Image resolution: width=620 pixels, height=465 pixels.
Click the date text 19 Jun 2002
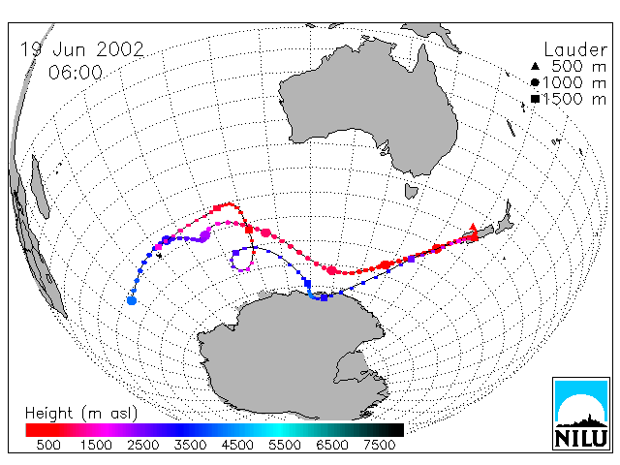tap(81, 49)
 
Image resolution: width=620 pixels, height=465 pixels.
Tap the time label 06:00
tap(76, 73)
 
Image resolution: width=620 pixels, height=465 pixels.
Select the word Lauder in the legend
tap(575, 50)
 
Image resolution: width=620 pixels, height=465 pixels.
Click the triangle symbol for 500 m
tap(535, 66)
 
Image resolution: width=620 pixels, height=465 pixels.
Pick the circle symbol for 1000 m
tap(535, 82)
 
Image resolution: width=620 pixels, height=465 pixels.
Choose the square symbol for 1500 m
tap(535, 99)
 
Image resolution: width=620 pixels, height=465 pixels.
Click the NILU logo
tap(581, 414)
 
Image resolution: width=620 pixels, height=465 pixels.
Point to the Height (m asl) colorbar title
tap(81, 414)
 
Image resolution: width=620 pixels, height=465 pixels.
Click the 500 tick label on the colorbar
tap(48, 445)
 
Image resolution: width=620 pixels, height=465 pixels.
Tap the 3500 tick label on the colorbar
tap(190, 445)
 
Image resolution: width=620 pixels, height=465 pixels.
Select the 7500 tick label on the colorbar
tap(379, 445)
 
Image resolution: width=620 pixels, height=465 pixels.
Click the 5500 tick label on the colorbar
tap(285, 445)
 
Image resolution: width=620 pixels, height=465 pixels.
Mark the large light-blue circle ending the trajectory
tap(132, 300)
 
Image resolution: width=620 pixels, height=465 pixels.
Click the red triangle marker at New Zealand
tap(473, 227)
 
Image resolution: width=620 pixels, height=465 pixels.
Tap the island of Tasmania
tap(411, 191)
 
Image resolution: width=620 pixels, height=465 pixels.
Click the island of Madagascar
tap(40, 187)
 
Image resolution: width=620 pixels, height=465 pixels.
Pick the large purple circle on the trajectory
tap(204, 236)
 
